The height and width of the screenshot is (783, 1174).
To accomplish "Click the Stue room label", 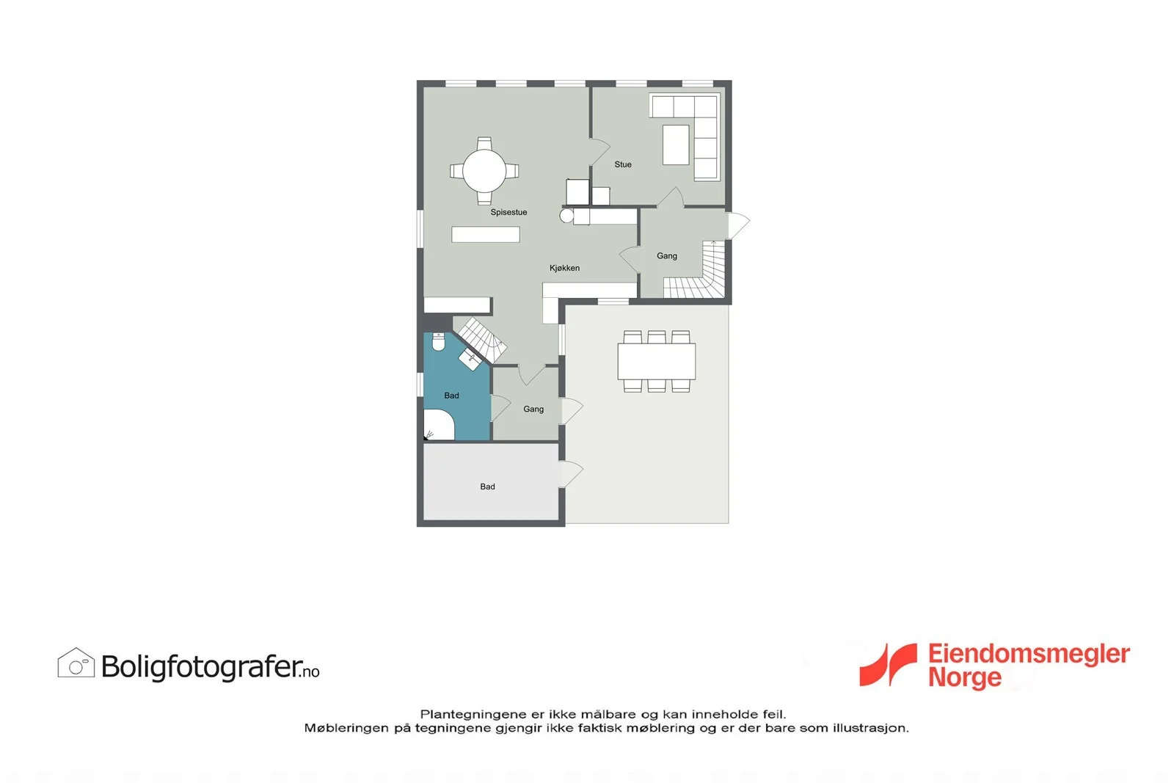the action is click(623, 164).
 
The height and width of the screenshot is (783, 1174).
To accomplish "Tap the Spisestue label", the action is click(508, 212).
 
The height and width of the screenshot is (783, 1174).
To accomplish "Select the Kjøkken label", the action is click(564, 268).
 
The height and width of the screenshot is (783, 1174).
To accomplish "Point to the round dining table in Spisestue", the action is click(484, 171).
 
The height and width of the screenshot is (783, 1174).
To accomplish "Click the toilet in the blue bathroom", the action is click(439, 342).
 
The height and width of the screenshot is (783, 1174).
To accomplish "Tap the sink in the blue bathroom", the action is click(470, 360).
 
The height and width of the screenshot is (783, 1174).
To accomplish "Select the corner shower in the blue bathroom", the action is click(438, 425).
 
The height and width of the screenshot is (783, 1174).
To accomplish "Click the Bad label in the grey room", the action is click(487, 487).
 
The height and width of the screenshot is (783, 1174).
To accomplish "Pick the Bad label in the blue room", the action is click(451, 396).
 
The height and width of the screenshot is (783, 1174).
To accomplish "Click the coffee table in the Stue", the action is click(676, 145).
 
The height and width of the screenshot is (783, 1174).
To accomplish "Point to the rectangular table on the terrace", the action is click(656, 361).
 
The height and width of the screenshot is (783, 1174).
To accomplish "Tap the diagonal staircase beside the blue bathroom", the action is click(480, 340).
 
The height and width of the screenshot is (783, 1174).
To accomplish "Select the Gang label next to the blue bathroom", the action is click(533, 409).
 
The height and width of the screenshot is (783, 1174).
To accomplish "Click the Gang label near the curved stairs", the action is click(667, 256).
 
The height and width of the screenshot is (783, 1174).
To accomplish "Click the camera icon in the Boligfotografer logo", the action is click(76, 663).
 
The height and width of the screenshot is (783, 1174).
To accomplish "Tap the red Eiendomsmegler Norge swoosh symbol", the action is click(888, 665).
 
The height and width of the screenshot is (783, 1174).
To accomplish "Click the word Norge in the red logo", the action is click(965, 677).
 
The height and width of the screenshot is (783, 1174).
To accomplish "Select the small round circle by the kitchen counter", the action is click(566, 216).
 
